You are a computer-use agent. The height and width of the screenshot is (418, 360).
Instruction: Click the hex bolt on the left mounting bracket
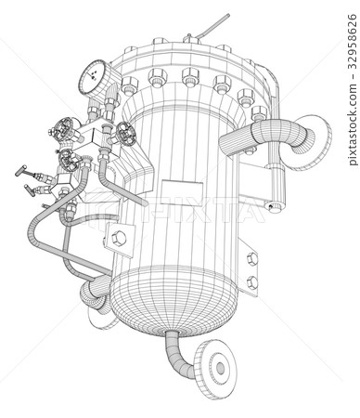118,239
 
